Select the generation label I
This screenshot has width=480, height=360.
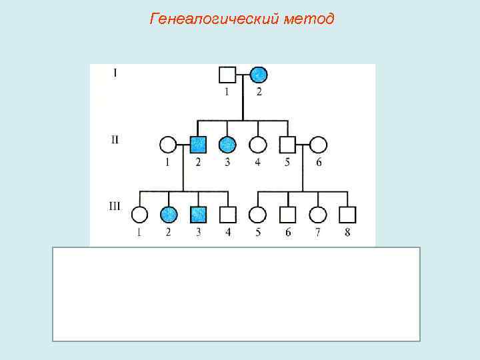pos(116,72)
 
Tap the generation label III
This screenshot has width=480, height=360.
pos(114,206)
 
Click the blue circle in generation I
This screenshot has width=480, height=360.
pos(259,75)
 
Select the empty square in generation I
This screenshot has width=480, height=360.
pos(227,75)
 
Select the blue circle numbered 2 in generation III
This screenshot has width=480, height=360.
pos(169,214)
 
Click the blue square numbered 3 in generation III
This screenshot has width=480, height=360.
pos(198,214)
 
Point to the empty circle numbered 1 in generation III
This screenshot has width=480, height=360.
pos(139,214)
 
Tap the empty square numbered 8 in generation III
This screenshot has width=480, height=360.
pos(347,214)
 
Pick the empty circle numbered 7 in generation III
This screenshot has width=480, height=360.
pos(318,214)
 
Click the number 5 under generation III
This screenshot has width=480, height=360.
pos(257,232)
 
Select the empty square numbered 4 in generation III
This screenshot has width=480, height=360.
pos(228,214)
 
